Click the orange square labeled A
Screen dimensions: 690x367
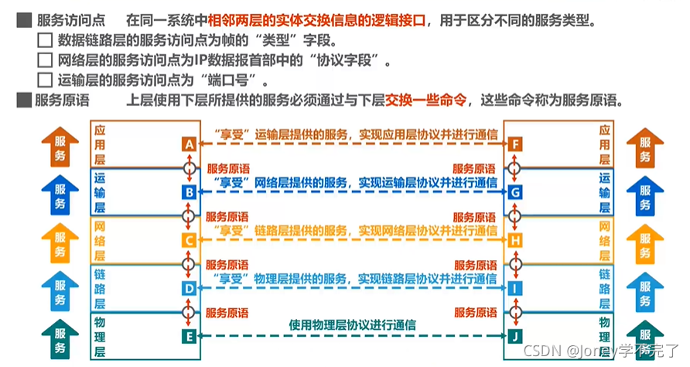(x=189, y=144)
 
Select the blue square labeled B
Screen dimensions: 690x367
(x=189, y=192)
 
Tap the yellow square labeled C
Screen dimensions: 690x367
(x=189, y=241)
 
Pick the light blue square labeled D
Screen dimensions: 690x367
(x=189, y=289)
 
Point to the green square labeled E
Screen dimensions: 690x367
(x=189, y=336)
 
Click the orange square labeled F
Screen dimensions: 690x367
(x=515, y=144)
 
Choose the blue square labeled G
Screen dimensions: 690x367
(x=515, y=192)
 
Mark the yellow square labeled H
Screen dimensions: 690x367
(x=515, y=241)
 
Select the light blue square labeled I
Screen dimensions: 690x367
(x=515, y=289)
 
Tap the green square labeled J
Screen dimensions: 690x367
(x=515, y=336)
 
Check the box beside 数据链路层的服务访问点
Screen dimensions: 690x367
(x=45, y=40)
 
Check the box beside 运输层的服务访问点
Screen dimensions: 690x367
(x=45, y=79)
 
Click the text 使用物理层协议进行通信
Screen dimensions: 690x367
(x=352, y=325)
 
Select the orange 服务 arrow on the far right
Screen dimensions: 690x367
(x=645, y=147)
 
